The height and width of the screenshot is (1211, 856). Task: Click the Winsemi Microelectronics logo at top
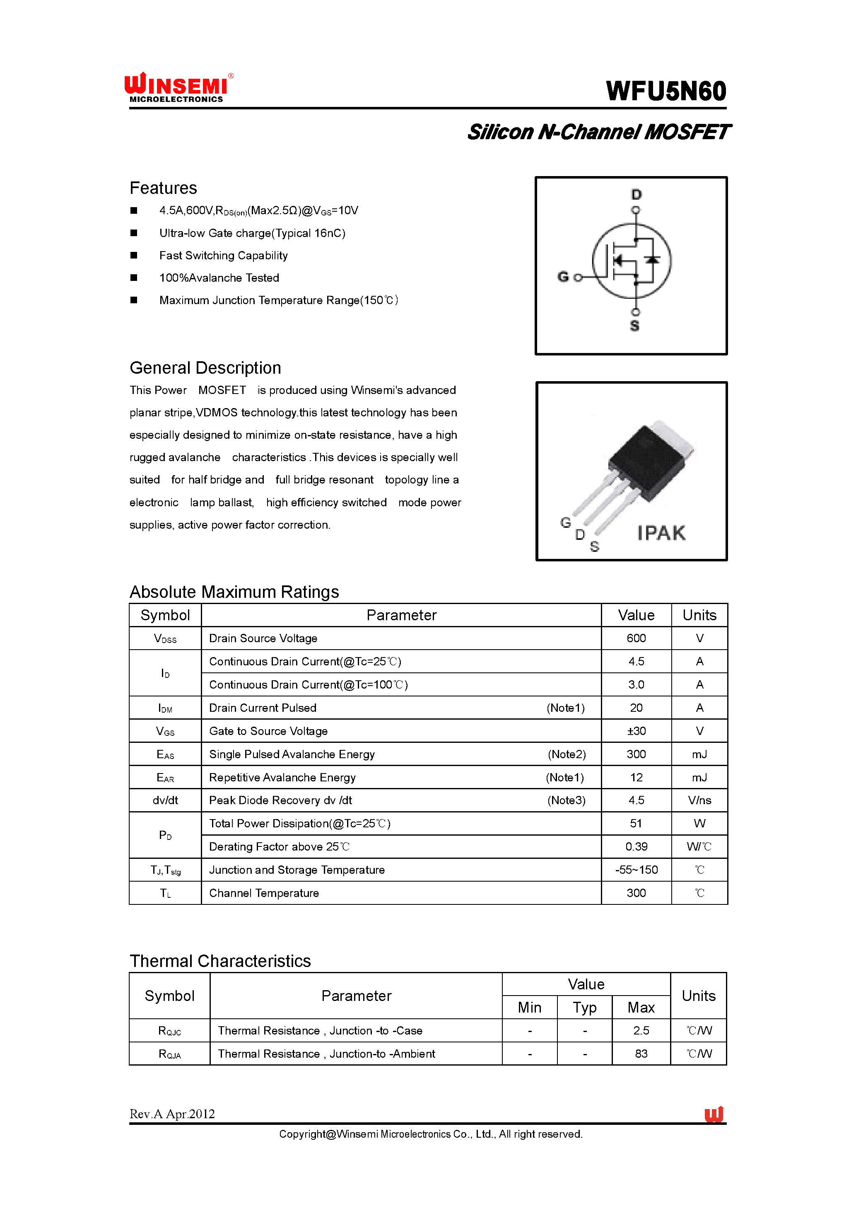(178, 87)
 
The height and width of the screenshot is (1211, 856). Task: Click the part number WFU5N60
(666, 91)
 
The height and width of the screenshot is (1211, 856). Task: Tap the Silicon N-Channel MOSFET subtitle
(598, 132)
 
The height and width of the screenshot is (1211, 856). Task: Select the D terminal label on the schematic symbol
(636, 195)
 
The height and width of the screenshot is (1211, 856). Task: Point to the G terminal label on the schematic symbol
(563, 277)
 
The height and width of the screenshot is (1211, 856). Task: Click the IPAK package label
(661, 533)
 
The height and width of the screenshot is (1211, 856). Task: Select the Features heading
(164, 188)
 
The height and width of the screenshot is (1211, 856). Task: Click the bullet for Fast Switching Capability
(134, 255)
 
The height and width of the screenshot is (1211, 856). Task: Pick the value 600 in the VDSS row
(636, 638)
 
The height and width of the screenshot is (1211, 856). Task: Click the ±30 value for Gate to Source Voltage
(636, 731)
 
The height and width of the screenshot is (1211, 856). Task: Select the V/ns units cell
(699, 800)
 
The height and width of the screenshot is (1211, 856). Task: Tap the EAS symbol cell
(165, 754)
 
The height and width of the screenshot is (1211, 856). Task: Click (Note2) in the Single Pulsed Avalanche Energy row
(566, 754)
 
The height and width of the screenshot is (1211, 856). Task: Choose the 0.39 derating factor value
(636, 846)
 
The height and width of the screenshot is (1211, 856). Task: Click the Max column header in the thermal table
(640, 1008)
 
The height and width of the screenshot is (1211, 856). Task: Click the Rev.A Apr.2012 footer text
(172, 1114)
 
